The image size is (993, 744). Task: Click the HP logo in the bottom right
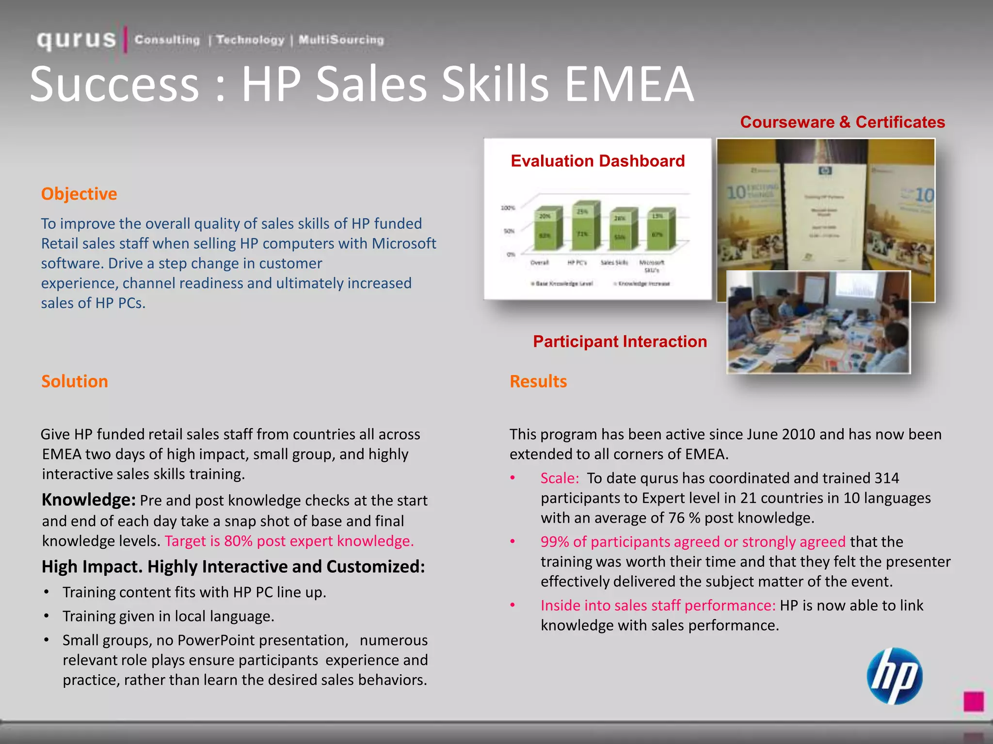tap(895, 676)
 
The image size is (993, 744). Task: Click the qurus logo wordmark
tap(77, 40)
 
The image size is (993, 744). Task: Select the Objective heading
tap(79, 194)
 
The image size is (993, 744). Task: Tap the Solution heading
tap(75, 381)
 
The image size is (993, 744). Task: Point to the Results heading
tap(538, 381)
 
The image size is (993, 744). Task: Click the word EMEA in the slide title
tap(629, 84)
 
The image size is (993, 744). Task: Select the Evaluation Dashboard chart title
tap(597, 161)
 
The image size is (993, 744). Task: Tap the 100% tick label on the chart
tap(508, 208)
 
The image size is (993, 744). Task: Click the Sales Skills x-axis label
tap(614, 263)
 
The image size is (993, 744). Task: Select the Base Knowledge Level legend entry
tap(562, 283)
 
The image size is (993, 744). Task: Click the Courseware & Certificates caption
tap(842, 122)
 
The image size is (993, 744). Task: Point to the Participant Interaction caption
tap(620, 341)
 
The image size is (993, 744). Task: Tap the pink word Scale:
tap(560, 478)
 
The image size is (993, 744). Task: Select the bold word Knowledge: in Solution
tap(89, 500)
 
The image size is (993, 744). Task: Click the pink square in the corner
tap(974, 701)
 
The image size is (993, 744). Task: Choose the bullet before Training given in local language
tap(46, 616)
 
